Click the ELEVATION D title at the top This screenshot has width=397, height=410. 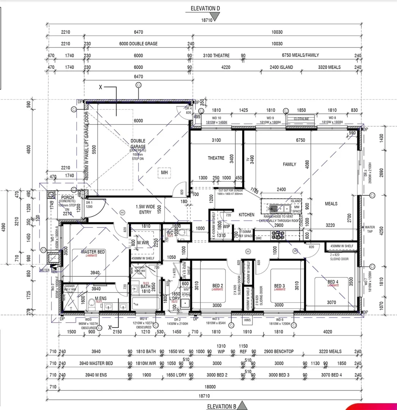[x=205, y=8]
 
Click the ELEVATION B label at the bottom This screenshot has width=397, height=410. [x=221, y=406]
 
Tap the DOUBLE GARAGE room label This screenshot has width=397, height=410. [x=138, y=143]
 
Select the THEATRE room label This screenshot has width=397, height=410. [x=216, y=158]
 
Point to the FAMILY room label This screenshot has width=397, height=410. [x=289, y=164]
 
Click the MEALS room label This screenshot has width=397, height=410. [x=331, y=203]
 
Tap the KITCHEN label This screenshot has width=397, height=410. [x=246, y=214]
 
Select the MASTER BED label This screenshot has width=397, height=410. [x=93, y=252]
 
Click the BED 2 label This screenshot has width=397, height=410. [x=218, y=286]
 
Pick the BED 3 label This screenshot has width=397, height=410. [x=279, y=286]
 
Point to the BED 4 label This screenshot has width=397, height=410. [x=333, y=282]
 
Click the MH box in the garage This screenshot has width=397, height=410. [x=164, y=172]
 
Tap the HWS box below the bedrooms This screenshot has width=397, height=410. [x=247, y=320]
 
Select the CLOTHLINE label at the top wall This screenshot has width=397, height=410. [x=301, y=119]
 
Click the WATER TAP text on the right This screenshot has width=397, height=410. [x=370, y=229]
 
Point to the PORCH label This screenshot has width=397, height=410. [x=67, y=197]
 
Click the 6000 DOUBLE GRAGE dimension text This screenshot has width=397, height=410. [x=138, y=44]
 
